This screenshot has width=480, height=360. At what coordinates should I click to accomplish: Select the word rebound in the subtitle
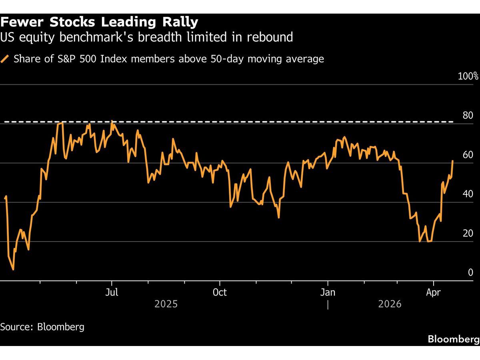268,37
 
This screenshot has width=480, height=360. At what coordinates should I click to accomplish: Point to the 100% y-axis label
468,76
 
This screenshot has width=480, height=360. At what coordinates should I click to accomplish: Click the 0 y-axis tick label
470,272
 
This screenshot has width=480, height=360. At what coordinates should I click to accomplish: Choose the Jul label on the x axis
112,292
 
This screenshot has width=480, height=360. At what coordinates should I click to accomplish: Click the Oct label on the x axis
220,292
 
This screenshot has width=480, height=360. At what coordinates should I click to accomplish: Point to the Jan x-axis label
328,292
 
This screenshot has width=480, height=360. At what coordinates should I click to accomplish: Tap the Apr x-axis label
433,292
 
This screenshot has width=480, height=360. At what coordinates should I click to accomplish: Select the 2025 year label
166,304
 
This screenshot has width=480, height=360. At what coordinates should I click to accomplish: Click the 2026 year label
390,304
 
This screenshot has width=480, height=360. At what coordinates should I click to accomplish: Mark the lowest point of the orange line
13,270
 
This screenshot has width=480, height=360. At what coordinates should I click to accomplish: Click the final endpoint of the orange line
453,161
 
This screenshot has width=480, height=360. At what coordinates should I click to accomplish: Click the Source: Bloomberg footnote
42,327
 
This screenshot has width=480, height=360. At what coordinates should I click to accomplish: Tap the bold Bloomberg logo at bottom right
453,339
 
